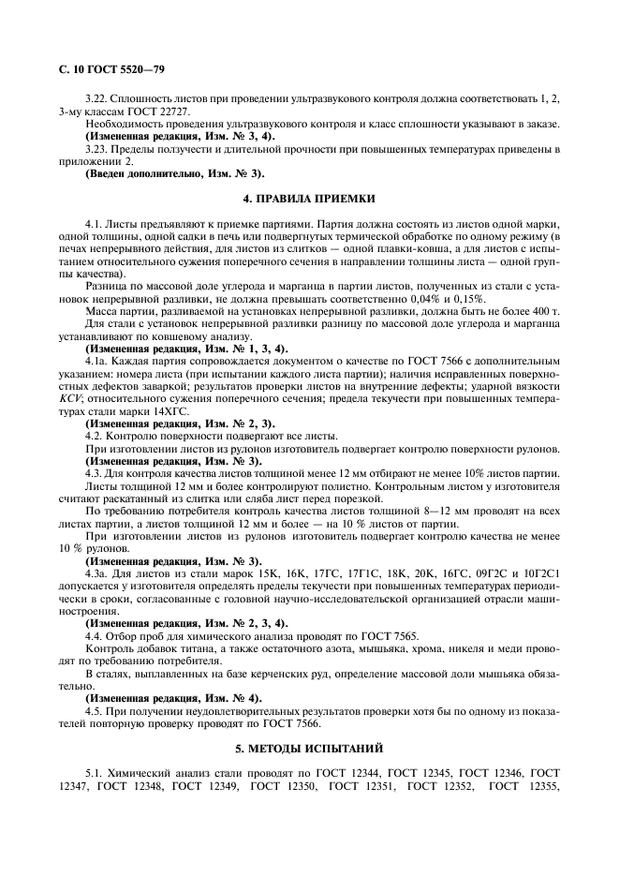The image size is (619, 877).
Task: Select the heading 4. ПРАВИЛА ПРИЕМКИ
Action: tap(309, 199)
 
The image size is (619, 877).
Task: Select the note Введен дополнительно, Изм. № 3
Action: tap(161, 172)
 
